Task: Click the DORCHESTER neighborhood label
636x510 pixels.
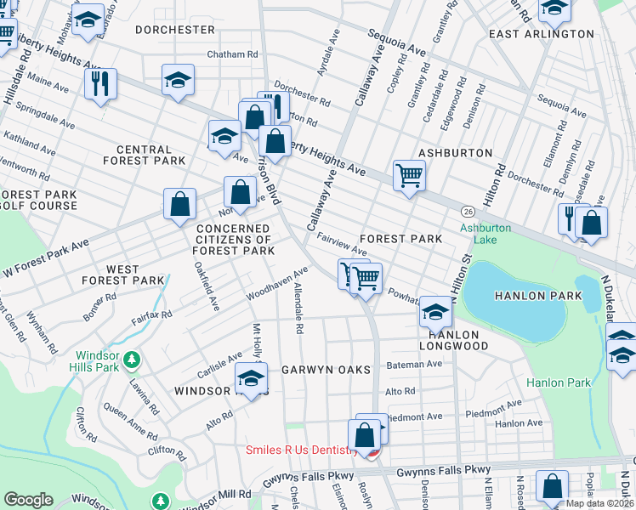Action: tap(175, 30)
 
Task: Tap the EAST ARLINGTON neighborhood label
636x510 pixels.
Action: tap(542, 34)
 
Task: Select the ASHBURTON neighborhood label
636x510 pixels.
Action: tap(455, 153)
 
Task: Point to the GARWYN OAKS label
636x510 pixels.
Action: tap(327, 370)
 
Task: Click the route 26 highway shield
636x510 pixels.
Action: tap(468, 210)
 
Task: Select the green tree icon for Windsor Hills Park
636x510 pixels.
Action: tap(131, 360)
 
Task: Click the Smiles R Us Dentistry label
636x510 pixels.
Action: tap(302, 450)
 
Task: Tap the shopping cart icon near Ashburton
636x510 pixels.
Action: tap(409, 175)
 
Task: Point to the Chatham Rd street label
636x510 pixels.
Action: tap(232, 55)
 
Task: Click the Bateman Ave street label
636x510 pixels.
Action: tap(413, 364)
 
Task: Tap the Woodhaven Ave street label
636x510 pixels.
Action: tap(276, 286)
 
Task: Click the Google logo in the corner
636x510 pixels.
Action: tap(29, 500)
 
